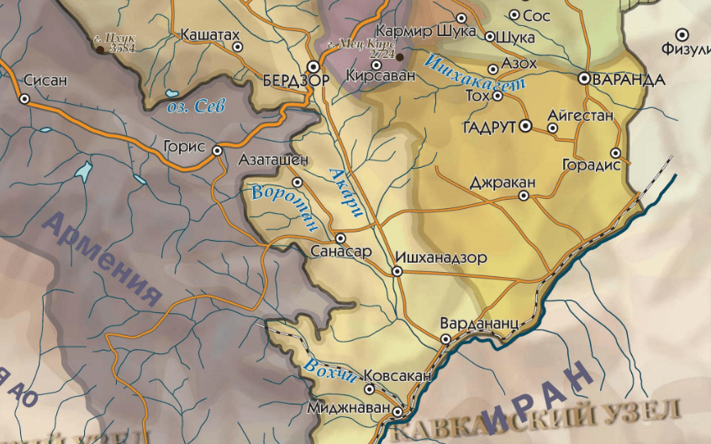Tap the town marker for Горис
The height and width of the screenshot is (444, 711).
point(217,151)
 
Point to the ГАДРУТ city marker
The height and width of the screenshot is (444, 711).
point(526,127)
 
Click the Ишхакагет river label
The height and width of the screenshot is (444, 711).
point(475,73)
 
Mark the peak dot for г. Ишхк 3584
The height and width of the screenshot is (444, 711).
point(101,49)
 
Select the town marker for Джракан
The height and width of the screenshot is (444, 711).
point(524,196)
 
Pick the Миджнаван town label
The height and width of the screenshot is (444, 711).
point(350,408)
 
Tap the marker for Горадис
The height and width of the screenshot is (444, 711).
point(616,153)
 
